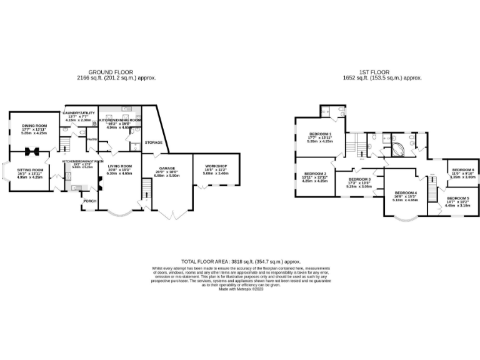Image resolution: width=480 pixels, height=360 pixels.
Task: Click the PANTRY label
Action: click(x=90, y=139)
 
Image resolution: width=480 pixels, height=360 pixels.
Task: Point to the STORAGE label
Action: click(x=154, y=142)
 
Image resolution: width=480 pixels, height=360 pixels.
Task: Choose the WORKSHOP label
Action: click(x=216, y=166)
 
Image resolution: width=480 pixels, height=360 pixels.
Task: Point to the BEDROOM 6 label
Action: click(x=463, y=169)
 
